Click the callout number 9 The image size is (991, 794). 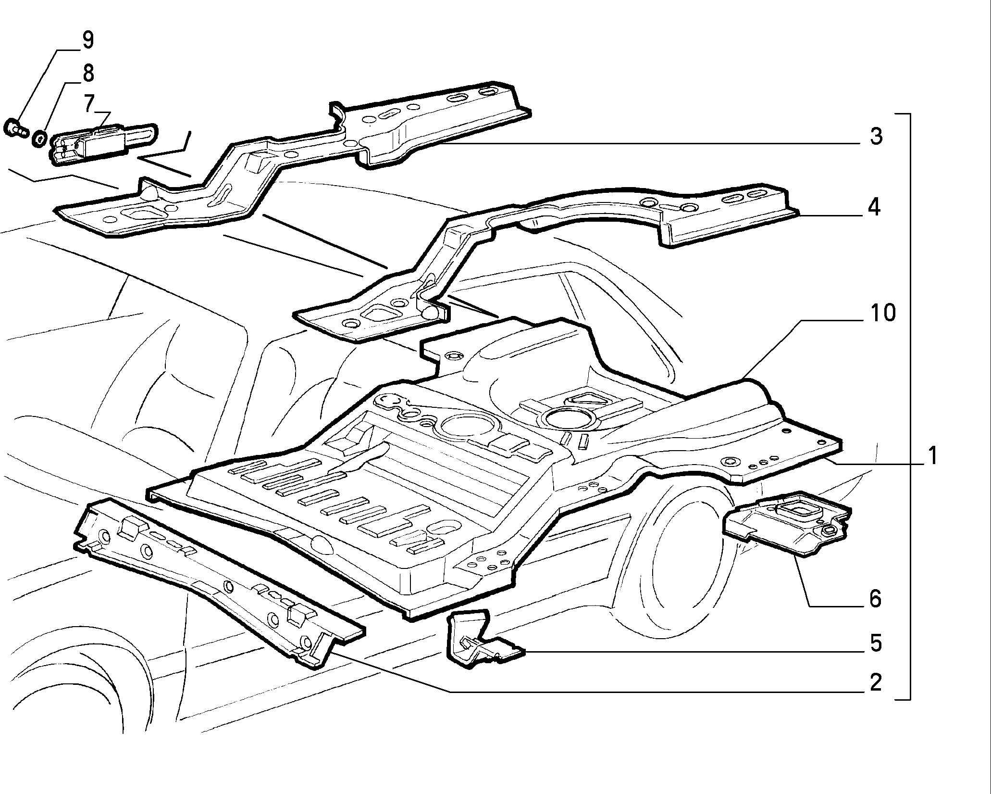pyautogui.click(x=87, y=40)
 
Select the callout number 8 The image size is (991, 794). pyautogui.click(x=87, y=74)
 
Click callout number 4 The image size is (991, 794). pyautogui.click(x=875, y=208)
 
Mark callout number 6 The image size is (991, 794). pyautogui.click(x=875, y=599)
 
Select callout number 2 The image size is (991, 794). pyautogui.click(x=876, y=682)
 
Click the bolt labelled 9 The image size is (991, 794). pyautogui.click(x=16, y=128)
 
